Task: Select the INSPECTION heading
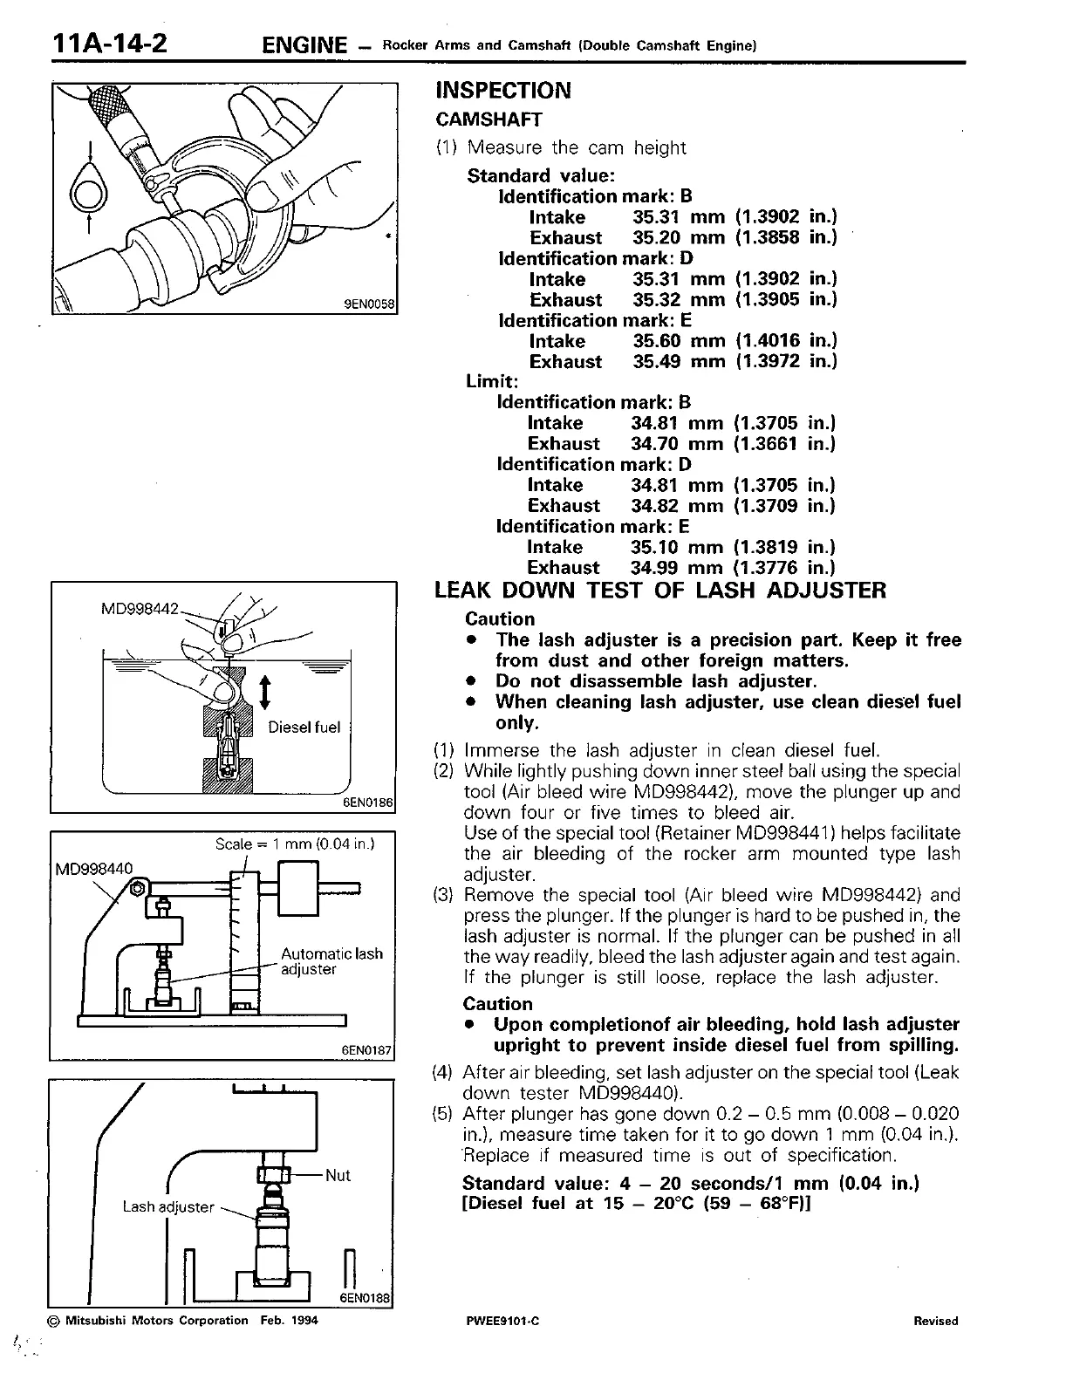pyautogui.click(x=503, y=91)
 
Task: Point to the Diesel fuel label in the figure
pyautogui.click(x=304, y=728)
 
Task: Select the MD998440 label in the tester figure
pyautogui.click(x=93, y=868)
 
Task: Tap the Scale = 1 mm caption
pyautogui.click(x=295, y=844)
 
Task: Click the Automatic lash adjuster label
pyautogui.click(x=331, y=961)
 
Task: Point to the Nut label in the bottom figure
pyautogui.click(x=338, y=1175)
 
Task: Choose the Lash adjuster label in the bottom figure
pyautogui.click(x=168, y=1206)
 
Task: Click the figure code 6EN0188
pyautogui.click(x=366, y=1297)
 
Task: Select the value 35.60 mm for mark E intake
pyautogui.click(x=679, y=341)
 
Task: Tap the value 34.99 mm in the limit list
pyautogui.click(x=677, y=568)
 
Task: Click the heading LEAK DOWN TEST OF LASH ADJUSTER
pyautogui.click(x=660, y=591)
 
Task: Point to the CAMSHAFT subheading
pyautogui.click(x=489, y=120)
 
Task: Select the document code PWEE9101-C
pyautogui.click(x=503, y=1321)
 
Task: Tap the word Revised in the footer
pyautogui.click(x=935, y=1321)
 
